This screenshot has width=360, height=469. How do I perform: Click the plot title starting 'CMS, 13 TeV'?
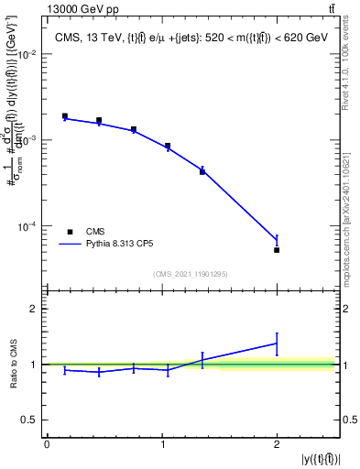(x=190, y=37)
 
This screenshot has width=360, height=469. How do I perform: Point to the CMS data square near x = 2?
(x=277, y=249)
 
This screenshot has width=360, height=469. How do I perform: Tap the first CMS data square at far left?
(x=65, y=116)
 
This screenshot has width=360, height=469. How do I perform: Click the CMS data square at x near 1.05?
(x=168, y=146)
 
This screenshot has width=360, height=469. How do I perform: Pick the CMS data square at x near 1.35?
(x=202, y=171)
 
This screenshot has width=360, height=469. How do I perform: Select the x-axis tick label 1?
(x=161, y=444)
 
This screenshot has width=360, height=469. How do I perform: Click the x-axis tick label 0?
(x=47, y=444)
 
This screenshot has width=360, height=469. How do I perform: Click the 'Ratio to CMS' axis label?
(x=12, y=364)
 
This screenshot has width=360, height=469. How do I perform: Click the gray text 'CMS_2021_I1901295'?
(x=190, y=273)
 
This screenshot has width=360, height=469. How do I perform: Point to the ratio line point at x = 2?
(x=277, y=344)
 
